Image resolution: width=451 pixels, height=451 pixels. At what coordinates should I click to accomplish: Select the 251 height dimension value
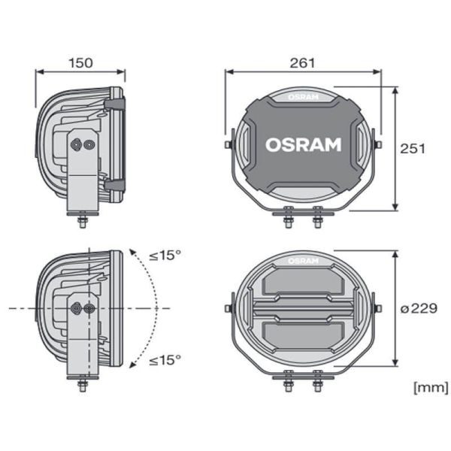[413, 148]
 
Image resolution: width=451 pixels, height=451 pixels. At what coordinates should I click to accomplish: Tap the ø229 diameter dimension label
[413, 308]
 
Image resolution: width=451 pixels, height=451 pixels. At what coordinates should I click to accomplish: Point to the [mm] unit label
[431, 387]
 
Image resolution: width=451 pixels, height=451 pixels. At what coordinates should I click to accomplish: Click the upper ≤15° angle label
[165, 255]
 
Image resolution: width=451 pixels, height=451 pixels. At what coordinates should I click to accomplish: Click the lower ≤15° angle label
[165, 360]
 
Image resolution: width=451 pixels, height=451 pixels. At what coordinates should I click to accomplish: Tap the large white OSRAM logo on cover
[303, 144]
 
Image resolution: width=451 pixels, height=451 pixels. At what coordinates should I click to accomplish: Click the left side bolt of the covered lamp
[227, 144]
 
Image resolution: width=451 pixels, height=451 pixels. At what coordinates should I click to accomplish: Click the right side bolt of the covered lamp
[379, 144]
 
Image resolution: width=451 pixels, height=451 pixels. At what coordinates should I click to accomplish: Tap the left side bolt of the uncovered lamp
[227, 308]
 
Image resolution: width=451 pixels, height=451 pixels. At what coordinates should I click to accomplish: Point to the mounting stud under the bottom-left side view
[82, 385]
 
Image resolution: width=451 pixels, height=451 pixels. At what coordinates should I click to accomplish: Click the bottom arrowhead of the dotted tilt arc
[133, 365]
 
